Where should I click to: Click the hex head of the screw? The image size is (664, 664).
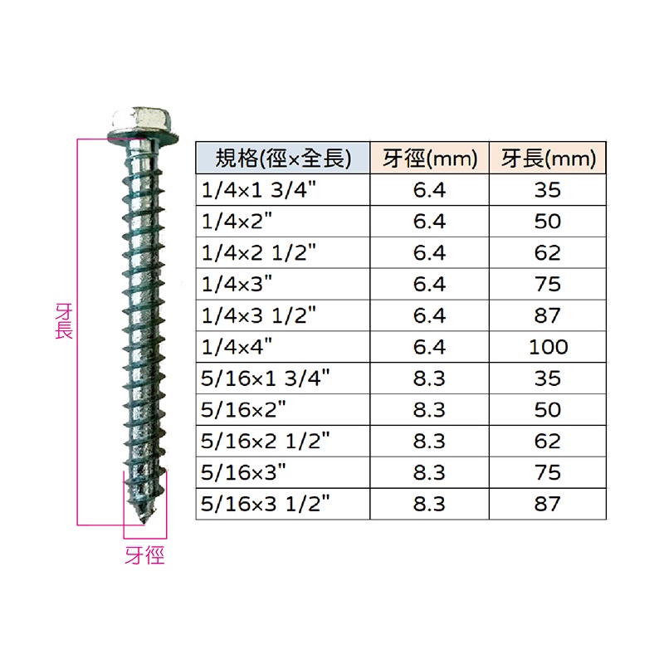tap(142, 119)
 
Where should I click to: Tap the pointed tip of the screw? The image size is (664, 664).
tap(144, 525)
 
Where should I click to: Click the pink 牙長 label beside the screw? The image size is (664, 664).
tap(64, 321)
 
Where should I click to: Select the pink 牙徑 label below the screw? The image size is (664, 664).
tap(144, 555)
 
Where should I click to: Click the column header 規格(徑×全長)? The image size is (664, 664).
tap(283, 159)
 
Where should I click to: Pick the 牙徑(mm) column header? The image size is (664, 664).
tap(430, 159)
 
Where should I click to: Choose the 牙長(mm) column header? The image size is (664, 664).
tap(549, 159)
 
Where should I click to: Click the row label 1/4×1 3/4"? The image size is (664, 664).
tap(259, 190)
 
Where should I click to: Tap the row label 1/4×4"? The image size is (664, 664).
tap(237, 347)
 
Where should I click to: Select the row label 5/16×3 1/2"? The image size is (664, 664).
tap(265, 504)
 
